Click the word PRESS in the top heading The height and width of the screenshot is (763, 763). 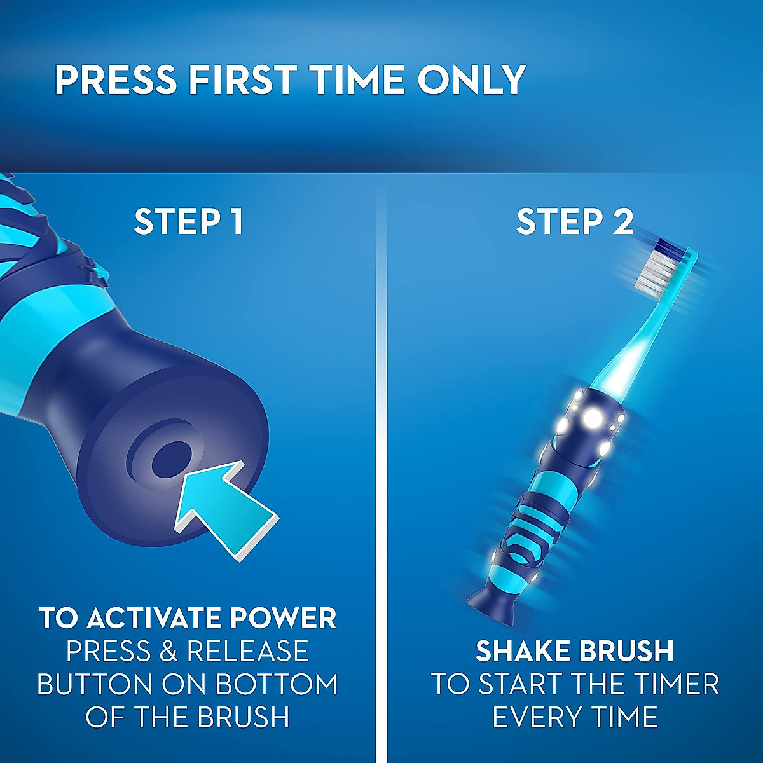(115, 80)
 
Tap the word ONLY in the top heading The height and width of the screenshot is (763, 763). (471, 80)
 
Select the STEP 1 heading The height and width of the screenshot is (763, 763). (188, 222)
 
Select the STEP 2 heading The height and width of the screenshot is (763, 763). (574, 222)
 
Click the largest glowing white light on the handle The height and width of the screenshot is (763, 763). (593, 418)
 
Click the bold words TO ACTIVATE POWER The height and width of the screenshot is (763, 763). (188, 618)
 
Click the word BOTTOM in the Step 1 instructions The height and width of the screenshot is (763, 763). (277, 684)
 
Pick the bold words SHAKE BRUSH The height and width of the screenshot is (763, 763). (574, 651)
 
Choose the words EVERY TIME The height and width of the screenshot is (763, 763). (574, 717)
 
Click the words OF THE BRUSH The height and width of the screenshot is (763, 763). (188, 717)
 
